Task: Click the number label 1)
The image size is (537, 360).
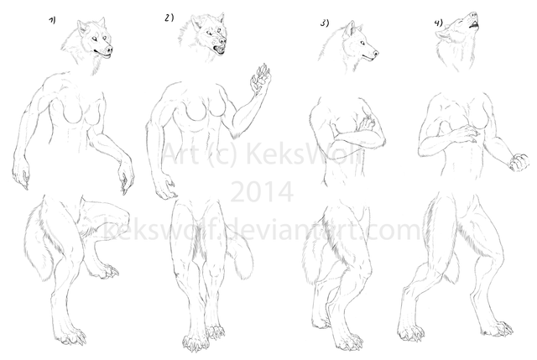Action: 52,20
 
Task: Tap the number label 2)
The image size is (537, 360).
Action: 169,18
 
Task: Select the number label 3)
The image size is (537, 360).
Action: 325,23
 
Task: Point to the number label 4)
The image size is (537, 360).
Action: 438,23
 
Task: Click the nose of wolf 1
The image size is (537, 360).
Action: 109,50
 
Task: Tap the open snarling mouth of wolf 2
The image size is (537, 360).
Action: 219,50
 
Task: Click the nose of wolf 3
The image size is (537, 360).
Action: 376,53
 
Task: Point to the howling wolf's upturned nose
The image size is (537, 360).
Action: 473,15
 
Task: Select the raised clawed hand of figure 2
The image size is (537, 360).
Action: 260,78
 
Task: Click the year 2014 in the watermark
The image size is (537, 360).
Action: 262,192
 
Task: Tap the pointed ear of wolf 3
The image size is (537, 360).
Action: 350,29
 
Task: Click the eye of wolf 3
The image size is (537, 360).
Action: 362,43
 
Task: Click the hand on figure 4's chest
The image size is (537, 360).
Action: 465,133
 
